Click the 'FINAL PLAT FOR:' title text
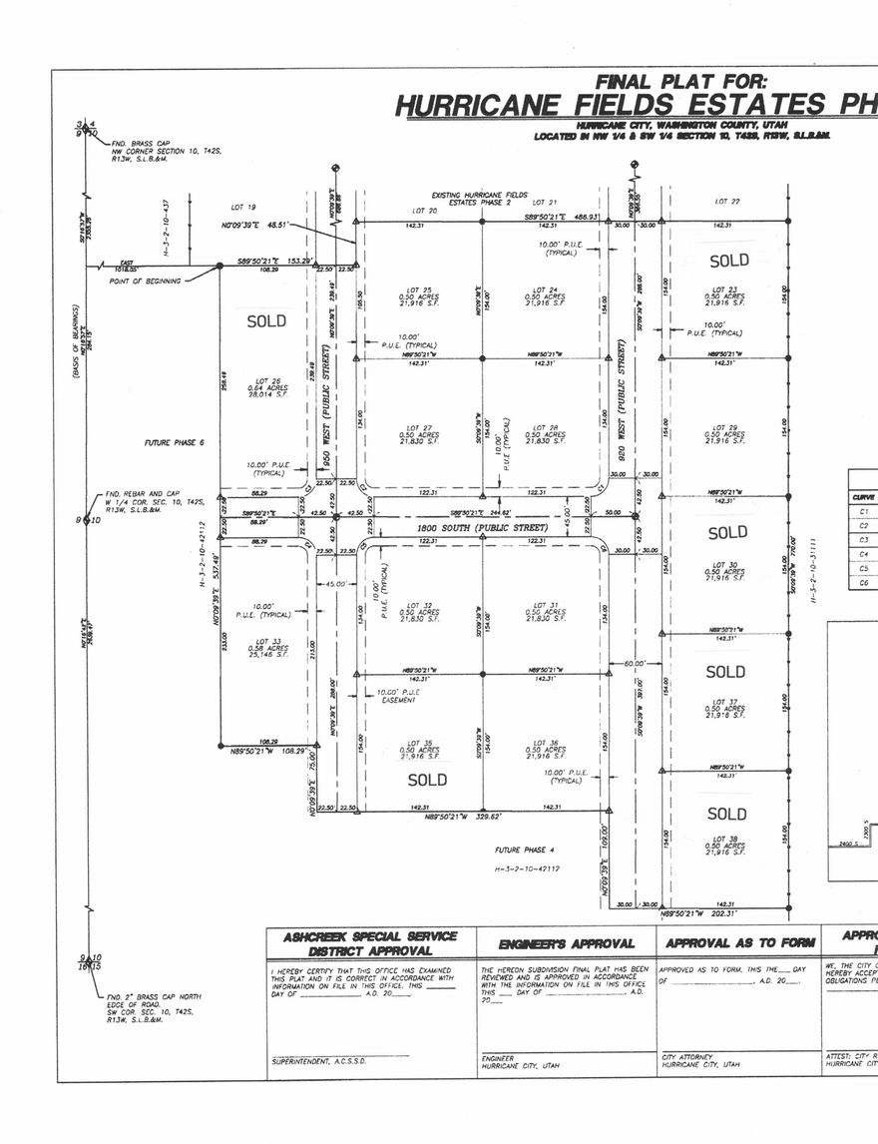pyautogui.click(x=680, y=82)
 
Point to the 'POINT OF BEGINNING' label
pyautogui.click(x=146, y=282)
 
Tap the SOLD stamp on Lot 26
pyautogui.click(x=266, y=321)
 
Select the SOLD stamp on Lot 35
pyautogui.click(x=427, y=780)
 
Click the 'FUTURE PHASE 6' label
pyautogui.click(x=175, y=442)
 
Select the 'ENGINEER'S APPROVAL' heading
pyautogui.click(x=567, y=943)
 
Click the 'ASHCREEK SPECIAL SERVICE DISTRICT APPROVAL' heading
pyautogui.click(x=370, y=943)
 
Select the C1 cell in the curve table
pyautogui.click(x=863, y=512)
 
